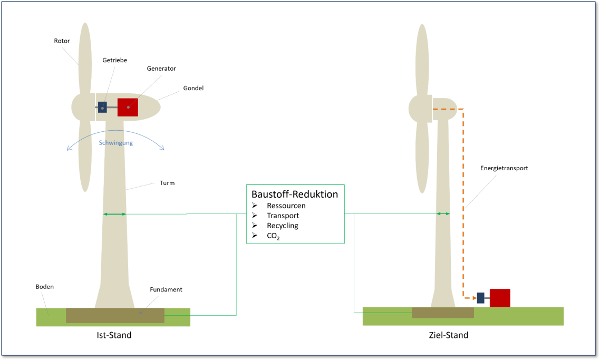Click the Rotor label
click(62, 41)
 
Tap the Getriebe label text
click(114, 61)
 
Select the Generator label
click(161, 69)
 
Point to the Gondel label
click(193, 88)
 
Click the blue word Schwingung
click(116, 143)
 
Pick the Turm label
click(167, 183)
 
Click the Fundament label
click(166, 289)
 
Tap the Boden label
click(45, 287)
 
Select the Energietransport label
click(504, 168)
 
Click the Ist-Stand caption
click(114, 335)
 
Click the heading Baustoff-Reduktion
click(294, 194)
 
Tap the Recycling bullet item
click(282, 226)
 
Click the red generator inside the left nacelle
click(128, 107)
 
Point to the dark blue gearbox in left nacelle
click(102, 107)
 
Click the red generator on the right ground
click(500, 298)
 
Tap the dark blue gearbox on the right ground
click(480, 298)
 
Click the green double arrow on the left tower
click(114, 214)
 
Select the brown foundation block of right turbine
click(442, 313)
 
